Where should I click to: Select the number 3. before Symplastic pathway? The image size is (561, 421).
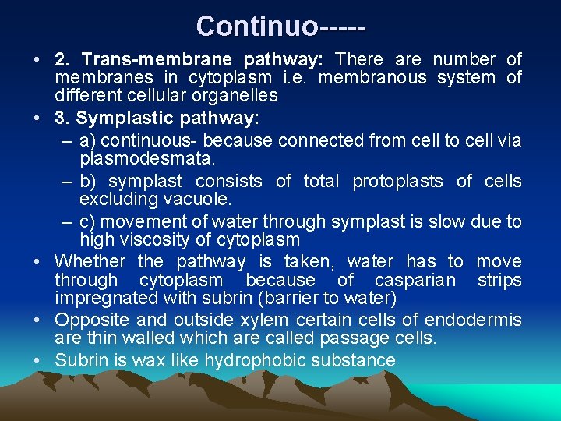(62, 119)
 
